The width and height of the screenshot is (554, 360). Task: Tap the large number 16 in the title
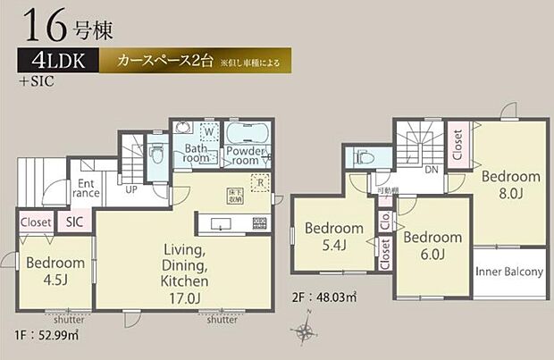coord(43,25)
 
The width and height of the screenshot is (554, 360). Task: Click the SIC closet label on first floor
coord(71,222)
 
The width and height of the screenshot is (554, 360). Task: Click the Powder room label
coord(248,155)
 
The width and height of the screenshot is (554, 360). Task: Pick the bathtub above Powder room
coord(248,134)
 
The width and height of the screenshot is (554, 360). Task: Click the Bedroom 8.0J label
coord(512,184)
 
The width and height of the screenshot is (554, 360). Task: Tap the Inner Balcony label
coord(509,272)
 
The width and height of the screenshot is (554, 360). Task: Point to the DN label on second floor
coord(431,169)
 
